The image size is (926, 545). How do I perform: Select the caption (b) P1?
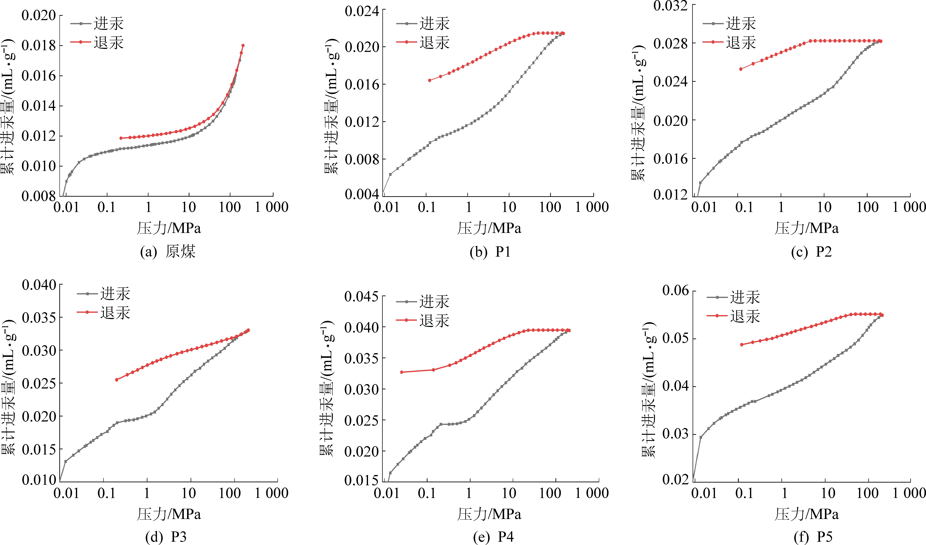pyautogui.click(x=490, y=252)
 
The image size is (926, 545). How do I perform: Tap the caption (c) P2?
pyautogui.click(x=811, y=252)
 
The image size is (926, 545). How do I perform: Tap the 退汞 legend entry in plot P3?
pyautogui.click(x=115, y=313)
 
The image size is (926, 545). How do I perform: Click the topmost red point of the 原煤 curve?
pyautogui.click(x=243, y=46)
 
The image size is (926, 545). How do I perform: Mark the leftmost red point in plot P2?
pyautogui.click(x=741, y=69)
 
